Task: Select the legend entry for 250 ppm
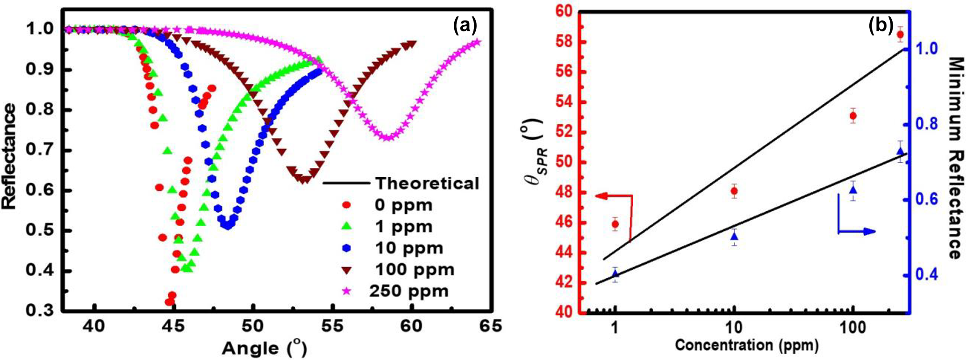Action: tap(409, 291)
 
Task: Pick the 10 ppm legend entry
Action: tap(409, 248)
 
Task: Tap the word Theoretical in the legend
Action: tap(428, 183)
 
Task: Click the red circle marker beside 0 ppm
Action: tap(346, 205)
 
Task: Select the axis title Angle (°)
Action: tap(265, 348)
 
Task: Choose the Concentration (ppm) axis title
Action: tap(746, 346)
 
